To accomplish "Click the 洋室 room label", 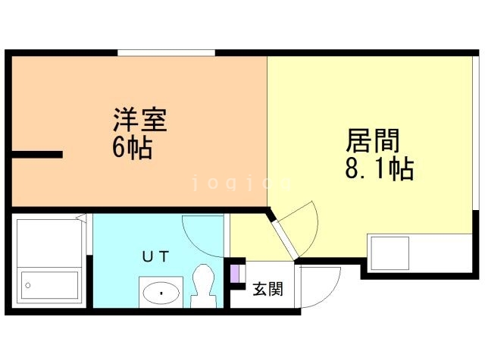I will click(x=140, y=121).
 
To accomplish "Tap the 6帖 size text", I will click(x=133, y=146).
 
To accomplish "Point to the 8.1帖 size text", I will click(x=379, y=168).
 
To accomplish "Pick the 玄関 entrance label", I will click(x=268, y=289).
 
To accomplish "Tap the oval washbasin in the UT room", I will click(x=161, y=290).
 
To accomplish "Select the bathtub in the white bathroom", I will click(x=49, y=285).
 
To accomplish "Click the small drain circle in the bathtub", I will click(x=28, y=285).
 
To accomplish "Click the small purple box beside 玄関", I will click(x=235, y=271).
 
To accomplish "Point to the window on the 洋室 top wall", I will click(x=167, y=52).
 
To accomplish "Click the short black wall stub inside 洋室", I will click(x=36, y=155).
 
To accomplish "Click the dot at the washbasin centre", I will click(x=161, y=291).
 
